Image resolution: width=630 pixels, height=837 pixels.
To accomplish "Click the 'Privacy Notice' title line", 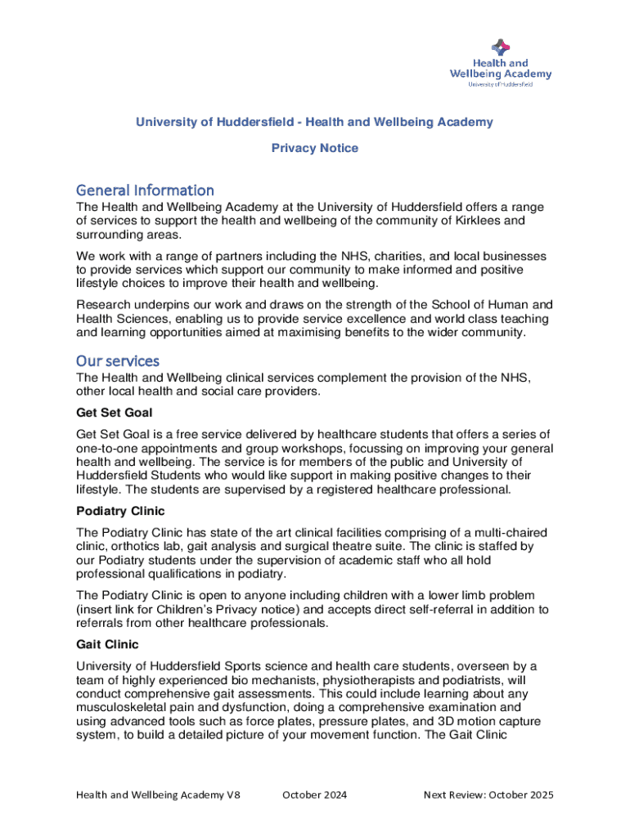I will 315,148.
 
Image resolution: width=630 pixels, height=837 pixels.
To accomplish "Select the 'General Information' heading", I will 145,190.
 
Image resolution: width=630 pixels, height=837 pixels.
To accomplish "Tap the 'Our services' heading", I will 118,360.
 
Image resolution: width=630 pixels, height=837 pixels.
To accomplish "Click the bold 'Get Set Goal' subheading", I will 115,412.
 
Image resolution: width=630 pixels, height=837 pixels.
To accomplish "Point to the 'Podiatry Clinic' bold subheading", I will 120,511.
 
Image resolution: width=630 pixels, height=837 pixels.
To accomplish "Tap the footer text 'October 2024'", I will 315,794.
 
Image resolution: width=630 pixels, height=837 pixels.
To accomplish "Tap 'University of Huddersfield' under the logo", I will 500,84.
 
